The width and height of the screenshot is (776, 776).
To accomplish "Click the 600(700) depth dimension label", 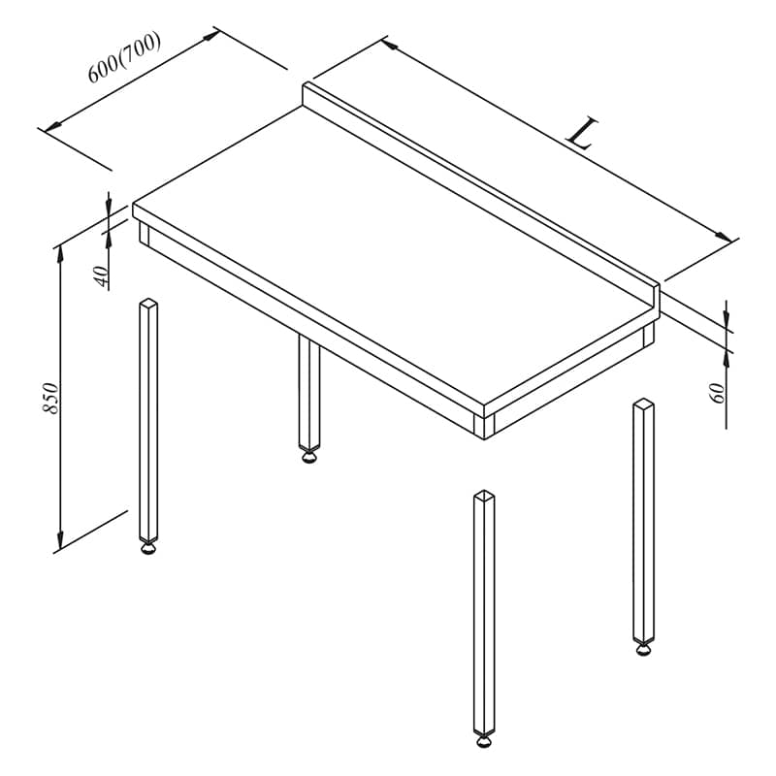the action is pos(124,57).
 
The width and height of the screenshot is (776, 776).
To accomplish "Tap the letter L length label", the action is pos(582,133).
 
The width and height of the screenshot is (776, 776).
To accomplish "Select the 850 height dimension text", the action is pos(50,398).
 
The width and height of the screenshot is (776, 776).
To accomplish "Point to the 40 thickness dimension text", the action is pos(101,276).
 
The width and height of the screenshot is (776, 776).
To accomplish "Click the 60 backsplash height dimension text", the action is pos(718,393).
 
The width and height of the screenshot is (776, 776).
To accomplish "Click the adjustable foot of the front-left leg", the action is pos(148,548).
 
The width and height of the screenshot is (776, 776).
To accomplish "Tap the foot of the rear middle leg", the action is pos(309,456).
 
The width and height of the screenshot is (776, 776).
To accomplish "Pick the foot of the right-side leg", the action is pos(643,649).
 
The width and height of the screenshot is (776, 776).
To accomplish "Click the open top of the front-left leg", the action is pos(148,303).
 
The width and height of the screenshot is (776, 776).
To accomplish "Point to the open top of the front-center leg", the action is pos(484,495).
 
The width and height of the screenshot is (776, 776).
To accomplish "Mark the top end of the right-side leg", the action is pos(644,403).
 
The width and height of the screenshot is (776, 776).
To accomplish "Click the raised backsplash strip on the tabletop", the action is pos(481,198).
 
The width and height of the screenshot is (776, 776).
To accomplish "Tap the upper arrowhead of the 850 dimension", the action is pos(60,253).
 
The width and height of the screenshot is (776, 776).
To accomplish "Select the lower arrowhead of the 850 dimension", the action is pos(60,540).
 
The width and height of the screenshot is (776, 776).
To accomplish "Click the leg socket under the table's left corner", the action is pos(144,233).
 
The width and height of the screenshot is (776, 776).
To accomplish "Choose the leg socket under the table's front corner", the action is pos(484,426).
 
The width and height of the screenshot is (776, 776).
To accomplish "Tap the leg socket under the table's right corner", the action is pos(648,335).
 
